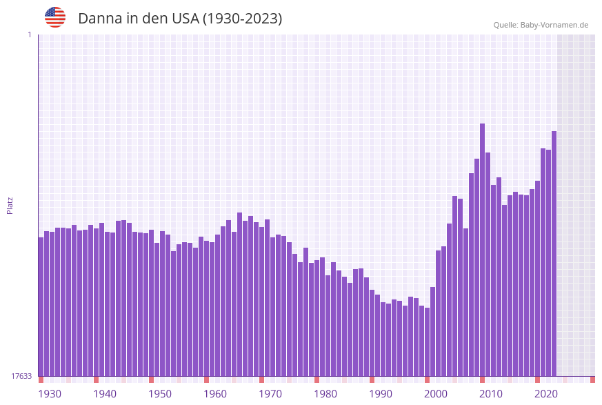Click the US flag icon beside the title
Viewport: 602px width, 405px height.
click(x=55, y=17)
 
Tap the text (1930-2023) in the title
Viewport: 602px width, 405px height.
click(x=242, y=19)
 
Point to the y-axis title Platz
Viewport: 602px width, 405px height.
click(x=10, y=205)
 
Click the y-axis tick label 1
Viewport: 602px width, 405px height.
click(x=29, y=34)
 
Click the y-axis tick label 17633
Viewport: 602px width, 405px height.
click(x=21, y=376)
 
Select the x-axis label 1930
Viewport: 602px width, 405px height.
click(x=49, y=394)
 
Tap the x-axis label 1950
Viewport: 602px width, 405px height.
click(x=160, y=394)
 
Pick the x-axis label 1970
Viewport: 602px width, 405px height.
click(x=270, y=394)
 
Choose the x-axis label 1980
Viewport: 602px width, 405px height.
click(x=325, y=394)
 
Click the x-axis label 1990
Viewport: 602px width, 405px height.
click(x=381, y=394)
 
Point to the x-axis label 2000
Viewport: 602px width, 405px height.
click(x=436, y=394)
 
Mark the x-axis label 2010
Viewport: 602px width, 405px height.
click(x=491, y=394)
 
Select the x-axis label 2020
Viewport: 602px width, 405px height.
click(x=546, y=394)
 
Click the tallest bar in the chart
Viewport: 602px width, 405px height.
click(x=483, y=248)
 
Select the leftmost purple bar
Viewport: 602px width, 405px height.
click(x=41, y=306)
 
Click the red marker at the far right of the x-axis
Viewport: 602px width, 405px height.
click(x=592, y=379)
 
